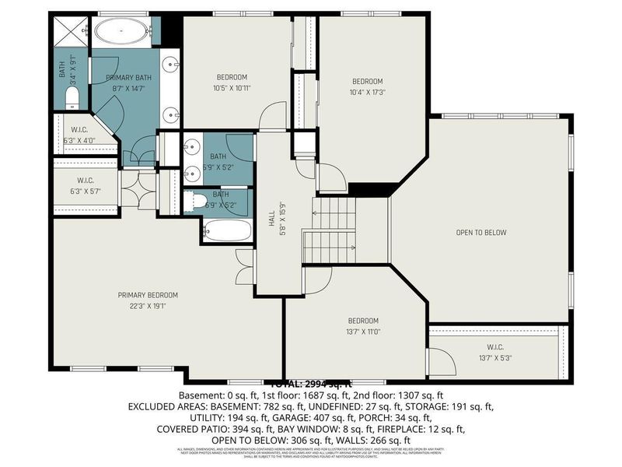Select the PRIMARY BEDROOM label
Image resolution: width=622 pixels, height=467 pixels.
148,295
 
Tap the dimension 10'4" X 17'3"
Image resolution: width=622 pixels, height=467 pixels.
369,92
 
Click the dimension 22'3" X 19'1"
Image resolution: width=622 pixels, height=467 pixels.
148,306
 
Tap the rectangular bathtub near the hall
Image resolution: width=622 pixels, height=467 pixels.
227,230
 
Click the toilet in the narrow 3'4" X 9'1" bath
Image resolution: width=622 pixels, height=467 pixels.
72,97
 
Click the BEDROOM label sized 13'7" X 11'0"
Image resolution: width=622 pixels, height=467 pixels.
363,321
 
